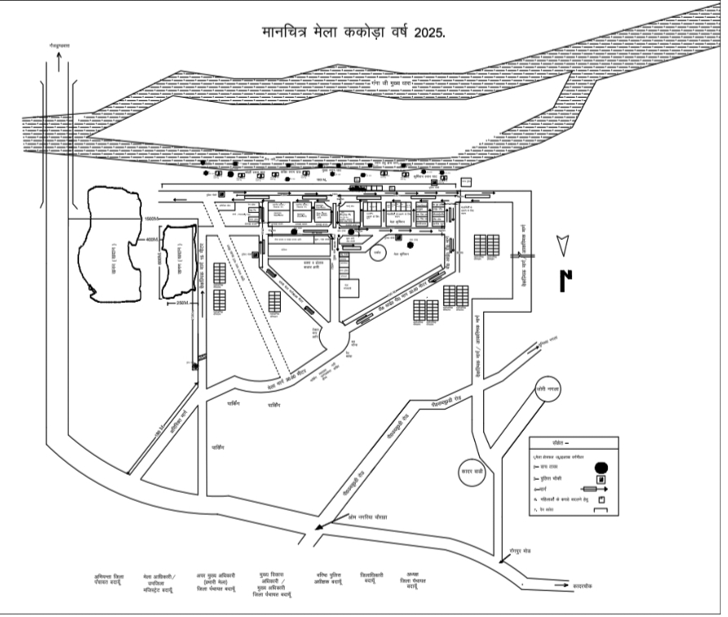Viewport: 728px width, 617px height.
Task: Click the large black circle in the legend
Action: [601, 468]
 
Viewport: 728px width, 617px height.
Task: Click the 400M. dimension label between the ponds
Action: [152, 240]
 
